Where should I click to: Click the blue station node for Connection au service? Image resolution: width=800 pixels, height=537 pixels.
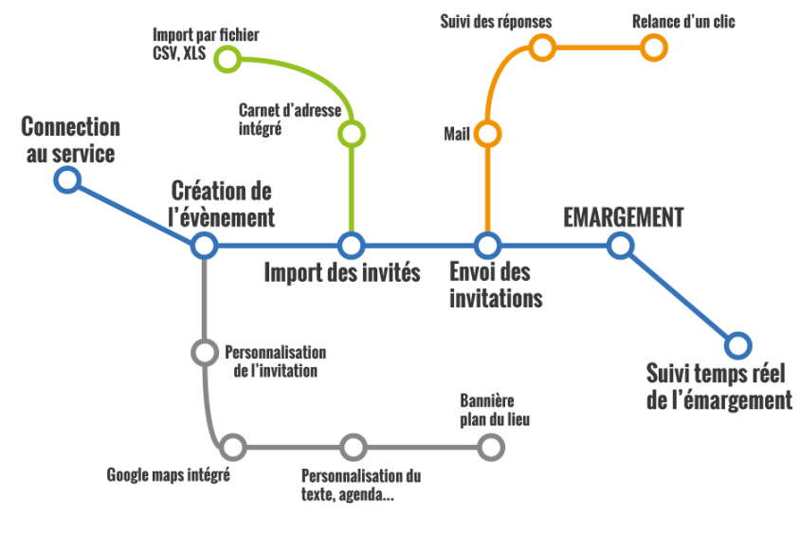pos(66,179)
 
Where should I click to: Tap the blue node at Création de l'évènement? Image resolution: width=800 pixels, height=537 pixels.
pos(204,246)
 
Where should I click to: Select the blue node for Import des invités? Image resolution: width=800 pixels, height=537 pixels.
pos(352,246)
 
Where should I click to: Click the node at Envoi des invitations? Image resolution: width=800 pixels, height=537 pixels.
pos(487,246)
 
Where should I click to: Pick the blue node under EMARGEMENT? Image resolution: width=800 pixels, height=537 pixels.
pos(620,246)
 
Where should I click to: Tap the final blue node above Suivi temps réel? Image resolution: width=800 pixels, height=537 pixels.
pos(738,344)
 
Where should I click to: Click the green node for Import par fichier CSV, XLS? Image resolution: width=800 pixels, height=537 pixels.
pos(227,59)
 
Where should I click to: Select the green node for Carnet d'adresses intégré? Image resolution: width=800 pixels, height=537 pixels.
pos(352,134)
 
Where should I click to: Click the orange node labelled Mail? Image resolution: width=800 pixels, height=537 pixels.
pos(487,134)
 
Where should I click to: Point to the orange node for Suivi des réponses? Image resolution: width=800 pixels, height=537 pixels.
pos(541,46)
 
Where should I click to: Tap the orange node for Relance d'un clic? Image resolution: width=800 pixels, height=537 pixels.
pos(653,46)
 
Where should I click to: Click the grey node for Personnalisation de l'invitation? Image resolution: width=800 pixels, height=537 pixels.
pos(204,353)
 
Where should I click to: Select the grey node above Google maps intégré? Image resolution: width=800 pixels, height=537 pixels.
pos(232,446)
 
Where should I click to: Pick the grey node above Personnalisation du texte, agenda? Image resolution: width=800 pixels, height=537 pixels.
pos(353,446)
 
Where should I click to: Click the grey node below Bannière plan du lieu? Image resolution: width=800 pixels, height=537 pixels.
pos(491,446)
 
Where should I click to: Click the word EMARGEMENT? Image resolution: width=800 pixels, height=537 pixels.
pos(623,217)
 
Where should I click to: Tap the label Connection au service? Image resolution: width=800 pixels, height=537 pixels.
pos(70,139)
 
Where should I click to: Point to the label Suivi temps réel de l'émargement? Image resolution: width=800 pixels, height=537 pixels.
pos(718,386)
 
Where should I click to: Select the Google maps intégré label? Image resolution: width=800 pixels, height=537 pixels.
pos(169,474)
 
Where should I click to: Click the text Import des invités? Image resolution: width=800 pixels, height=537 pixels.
pos(342,273)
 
